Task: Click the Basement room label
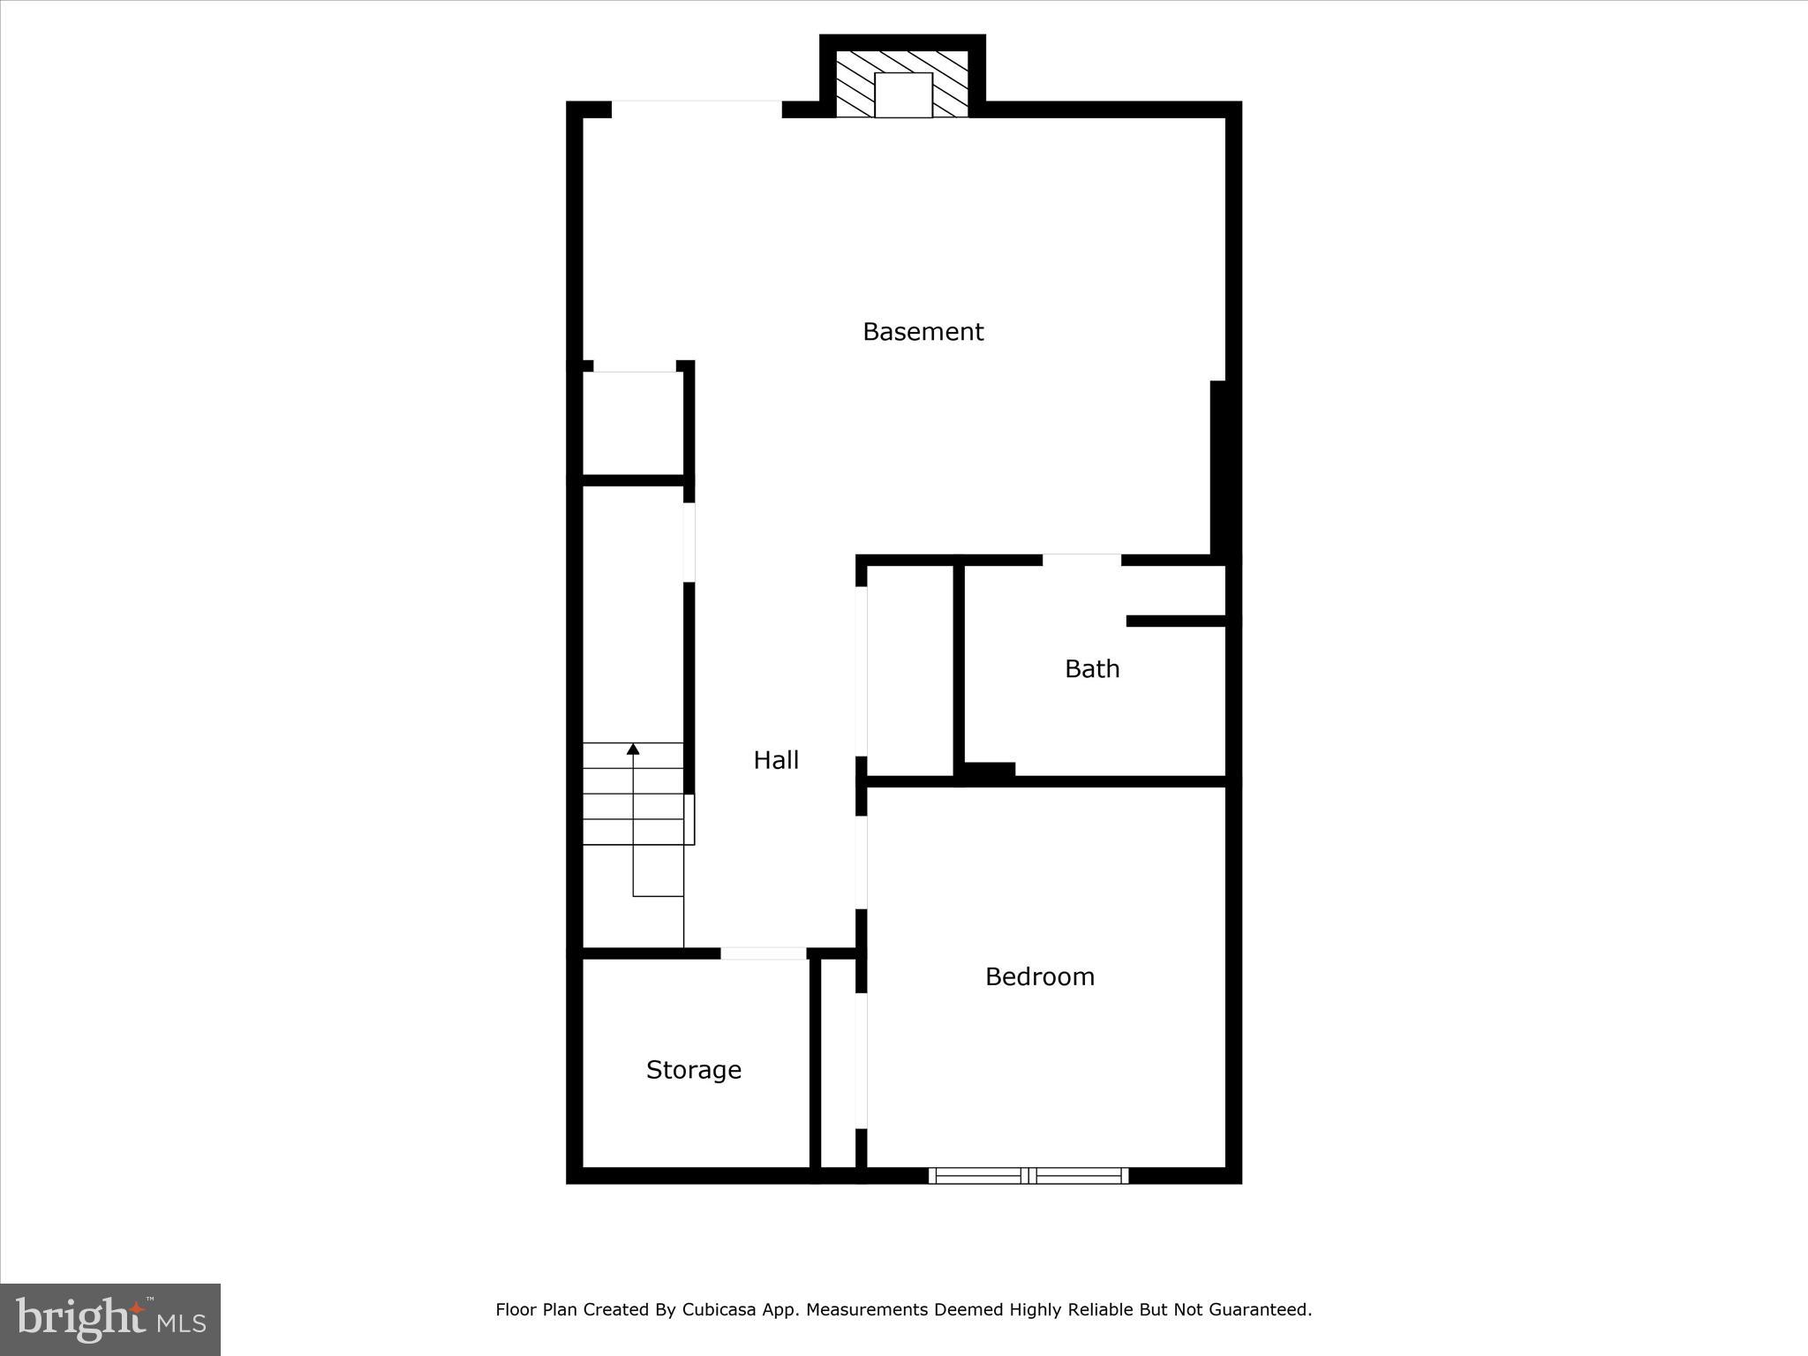923,332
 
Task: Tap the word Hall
776,760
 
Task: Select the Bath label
1092,669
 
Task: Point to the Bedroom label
1039,976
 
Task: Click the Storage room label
693,1070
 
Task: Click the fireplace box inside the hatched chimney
903,95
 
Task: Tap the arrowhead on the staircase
633,750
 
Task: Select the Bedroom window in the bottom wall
1028,1175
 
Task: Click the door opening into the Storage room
764,953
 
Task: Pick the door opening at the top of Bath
1081,560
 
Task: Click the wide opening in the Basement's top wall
697,109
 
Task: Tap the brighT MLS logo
110,1319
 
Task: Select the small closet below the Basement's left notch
633,424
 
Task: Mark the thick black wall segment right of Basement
1219,468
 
